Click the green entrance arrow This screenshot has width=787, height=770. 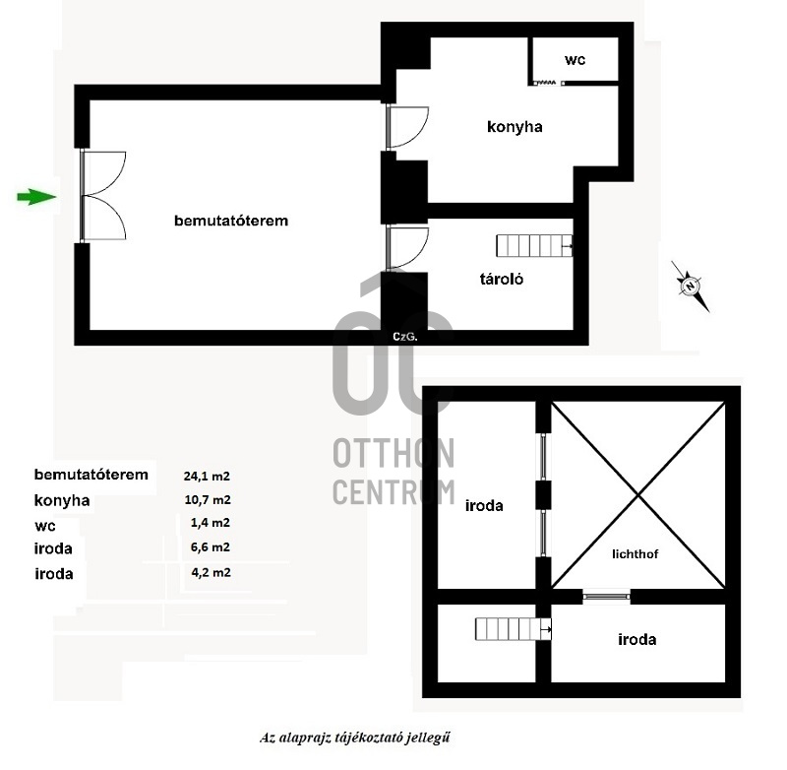[36, 196]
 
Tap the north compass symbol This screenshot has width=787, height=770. [691, 287]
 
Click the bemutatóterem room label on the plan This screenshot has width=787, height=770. [231, 221]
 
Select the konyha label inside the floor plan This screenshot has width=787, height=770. [515, 127]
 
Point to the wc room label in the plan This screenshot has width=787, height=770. [575, 60]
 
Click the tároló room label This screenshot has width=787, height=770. [502, 279]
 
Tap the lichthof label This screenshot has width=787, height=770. [635, 554]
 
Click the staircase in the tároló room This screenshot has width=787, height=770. [534, 246]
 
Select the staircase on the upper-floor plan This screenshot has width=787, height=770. [513, 629]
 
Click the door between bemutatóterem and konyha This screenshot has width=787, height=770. [407, 127]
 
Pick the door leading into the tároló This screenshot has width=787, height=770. [407, 248]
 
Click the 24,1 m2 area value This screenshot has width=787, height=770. [207, 477]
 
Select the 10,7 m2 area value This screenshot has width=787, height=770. [208, 500]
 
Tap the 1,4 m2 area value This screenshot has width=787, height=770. [211, 523]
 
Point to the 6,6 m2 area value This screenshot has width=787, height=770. [211, 547]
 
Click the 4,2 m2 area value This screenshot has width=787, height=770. [211, 572]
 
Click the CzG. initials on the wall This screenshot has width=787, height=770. [405, 337]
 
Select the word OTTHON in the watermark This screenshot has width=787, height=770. [393, 453]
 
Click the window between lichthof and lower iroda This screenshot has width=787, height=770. [607, 597]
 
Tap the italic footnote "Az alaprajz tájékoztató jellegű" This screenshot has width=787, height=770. [354, 738]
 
